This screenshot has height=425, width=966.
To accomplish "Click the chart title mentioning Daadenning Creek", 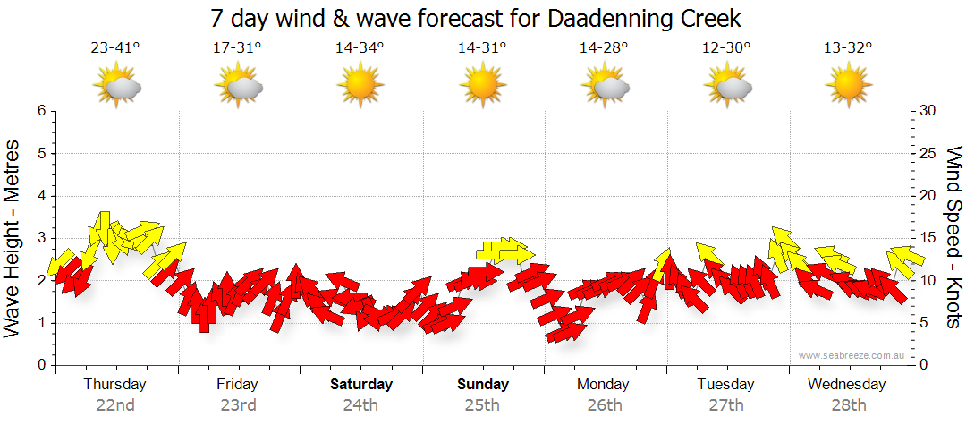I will click(476, 19).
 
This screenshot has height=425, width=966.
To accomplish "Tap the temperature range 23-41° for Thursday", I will click(115, 49).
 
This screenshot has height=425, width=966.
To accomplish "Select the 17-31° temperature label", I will click(237, 49).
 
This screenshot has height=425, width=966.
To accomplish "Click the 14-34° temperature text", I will click(360, 49).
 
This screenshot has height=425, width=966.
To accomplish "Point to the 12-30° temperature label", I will click(726, 49).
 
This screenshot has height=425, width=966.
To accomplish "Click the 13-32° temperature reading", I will click(848, 49).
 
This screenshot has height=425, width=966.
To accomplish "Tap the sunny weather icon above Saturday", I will click(360, 85).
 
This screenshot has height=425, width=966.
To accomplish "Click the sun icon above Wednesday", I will click(848, 85).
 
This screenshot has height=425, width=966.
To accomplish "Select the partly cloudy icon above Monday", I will click(605, 86).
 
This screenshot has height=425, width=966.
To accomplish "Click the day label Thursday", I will click(115, 385).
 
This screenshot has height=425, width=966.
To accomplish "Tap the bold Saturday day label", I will click(361, 385).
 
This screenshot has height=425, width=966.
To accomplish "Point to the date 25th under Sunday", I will click(482, 404).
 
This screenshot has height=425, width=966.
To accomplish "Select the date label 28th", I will click(848, 404).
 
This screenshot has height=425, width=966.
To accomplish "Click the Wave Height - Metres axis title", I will click(13, 238).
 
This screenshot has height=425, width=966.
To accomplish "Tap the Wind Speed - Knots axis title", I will click(953, 238).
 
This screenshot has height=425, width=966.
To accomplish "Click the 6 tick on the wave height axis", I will click(41, 111).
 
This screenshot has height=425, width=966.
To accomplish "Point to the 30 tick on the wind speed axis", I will click(927, 111).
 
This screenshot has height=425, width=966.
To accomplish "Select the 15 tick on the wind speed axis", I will click(927, 238).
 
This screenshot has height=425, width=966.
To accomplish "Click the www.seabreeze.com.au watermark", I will click(852, 355).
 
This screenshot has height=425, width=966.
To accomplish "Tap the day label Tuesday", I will click(725, 385).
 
